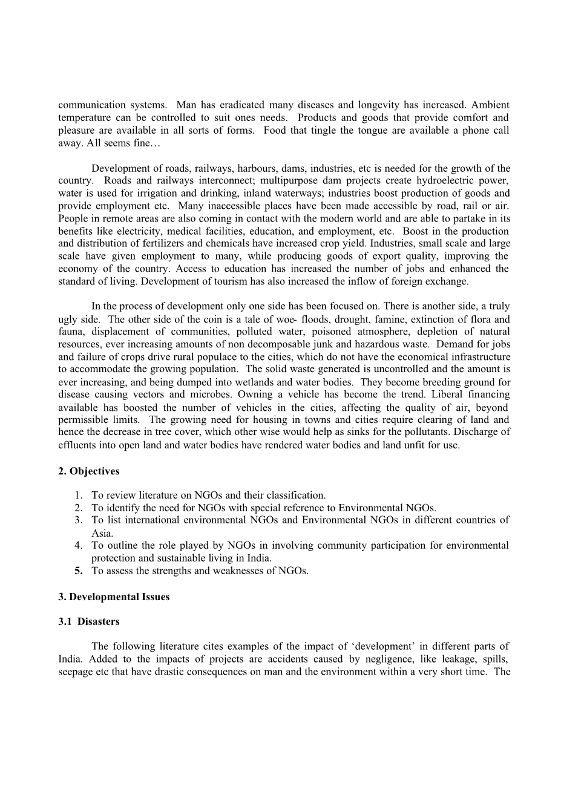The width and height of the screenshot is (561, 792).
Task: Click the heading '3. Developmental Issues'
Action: [x=114, y=597]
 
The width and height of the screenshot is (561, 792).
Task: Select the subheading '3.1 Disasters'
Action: [x=89, y=621]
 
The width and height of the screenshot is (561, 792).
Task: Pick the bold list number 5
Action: [x=79, y=571]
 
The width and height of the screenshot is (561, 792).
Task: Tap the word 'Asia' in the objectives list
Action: [x=102, y=533]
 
